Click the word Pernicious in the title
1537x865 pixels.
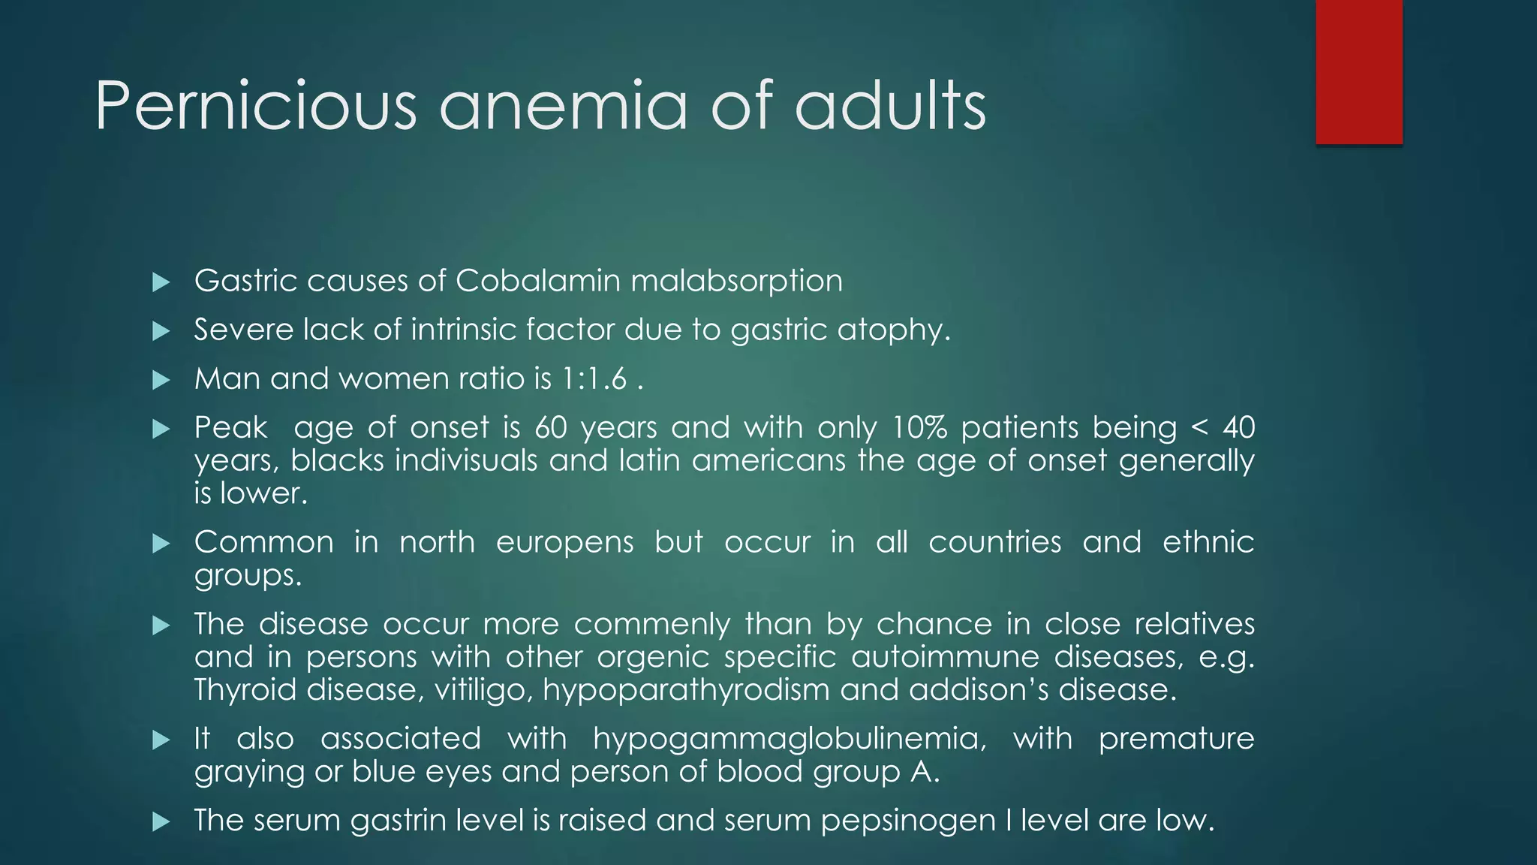pos(255,106)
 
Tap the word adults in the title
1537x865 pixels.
pos(890,106)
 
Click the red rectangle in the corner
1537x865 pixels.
pos(1358,72)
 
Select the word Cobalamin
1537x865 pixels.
pos(537,282)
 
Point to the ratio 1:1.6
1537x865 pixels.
pos(594,379)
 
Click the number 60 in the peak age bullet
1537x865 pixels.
pos(551,428)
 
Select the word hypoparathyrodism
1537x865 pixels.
pos(685,690)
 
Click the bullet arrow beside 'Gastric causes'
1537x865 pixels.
pos(161,282)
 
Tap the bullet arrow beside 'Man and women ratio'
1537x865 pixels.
pos(161,380)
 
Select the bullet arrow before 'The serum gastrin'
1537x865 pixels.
pos(161,821)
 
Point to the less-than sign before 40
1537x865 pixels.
pos(1200,428)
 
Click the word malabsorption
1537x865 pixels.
pos(736,282)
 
